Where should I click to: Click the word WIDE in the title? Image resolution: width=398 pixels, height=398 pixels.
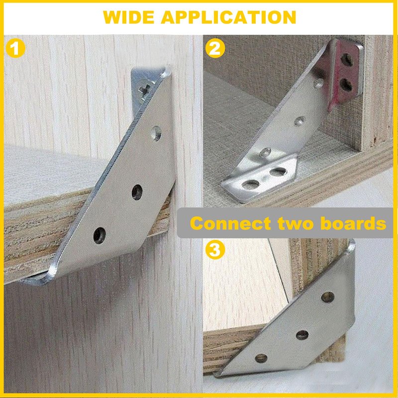coord(128,17)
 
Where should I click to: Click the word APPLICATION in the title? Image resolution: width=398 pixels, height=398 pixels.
coord(228,17)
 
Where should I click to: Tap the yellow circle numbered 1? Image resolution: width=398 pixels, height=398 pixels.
coord(15,48)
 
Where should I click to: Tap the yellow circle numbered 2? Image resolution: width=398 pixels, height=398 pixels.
coord(215,48)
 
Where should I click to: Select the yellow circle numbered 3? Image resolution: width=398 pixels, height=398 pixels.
coord(215,250)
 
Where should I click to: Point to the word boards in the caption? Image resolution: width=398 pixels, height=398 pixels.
coord(353,223)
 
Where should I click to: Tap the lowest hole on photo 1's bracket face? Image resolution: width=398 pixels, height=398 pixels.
coord(99,235)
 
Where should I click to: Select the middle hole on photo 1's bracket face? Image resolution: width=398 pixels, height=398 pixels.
coord(137,192)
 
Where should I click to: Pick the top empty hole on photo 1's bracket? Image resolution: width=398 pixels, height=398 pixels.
coord(156,133)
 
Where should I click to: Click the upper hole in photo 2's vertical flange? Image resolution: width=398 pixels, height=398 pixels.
coord(347,60)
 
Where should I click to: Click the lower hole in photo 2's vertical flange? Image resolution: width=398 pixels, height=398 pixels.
coord(346,85)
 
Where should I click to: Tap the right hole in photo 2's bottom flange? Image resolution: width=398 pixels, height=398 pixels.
coord(278,172)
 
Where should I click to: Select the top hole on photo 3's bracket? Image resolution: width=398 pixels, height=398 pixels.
coord(327,297)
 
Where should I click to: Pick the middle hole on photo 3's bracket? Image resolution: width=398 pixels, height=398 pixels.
coord(302,335)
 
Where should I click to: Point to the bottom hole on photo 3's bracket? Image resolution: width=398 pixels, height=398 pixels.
coord(261,358)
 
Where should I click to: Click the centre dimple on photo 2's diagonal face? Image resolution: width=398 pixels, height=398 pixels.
coord(300,121)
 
